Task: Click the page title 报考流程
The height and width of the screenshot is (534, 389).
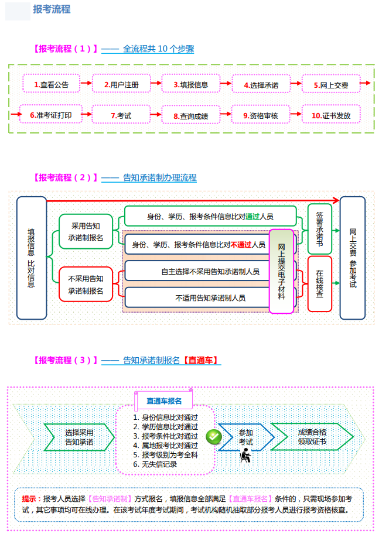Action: click(52, 9)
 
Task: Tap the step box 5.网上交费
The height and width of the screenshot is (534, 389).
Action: click(331, 85)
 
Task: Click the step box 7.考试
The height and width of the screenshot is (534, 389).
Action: click(121, 115)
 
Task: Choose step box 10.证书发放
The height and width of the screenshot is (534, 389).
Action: click(331, 115)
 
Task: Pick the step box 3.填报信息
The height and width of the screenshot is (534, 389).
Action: click(191, 84)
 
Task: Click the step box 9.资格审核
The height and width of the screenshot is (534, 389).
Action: click(261, 115)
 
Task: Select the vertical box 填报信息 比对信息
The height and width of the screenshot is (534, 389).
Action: click(32, 258)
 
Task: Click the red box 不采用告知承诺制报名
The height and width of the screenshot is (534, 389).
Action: click(86, 284)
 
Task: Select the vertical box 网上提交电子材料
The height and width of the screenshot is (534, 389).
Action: click(281, 272)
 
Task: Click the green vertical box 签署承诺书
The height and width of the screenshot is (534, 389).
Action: click(320, 229)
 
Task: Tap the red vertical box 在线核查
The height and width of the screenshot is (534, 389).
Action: click(320, 283)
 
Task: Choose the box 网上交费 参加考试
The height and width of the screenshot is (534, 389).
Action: click(353, 258)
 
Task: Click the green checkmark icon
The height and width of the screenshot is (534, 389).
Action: click(214, 436)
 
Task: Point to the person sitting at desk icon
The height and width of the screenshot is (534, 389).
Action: click(246, 455)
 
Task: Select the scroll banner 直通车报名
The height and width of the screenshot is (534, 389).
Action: click(164, 401)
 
